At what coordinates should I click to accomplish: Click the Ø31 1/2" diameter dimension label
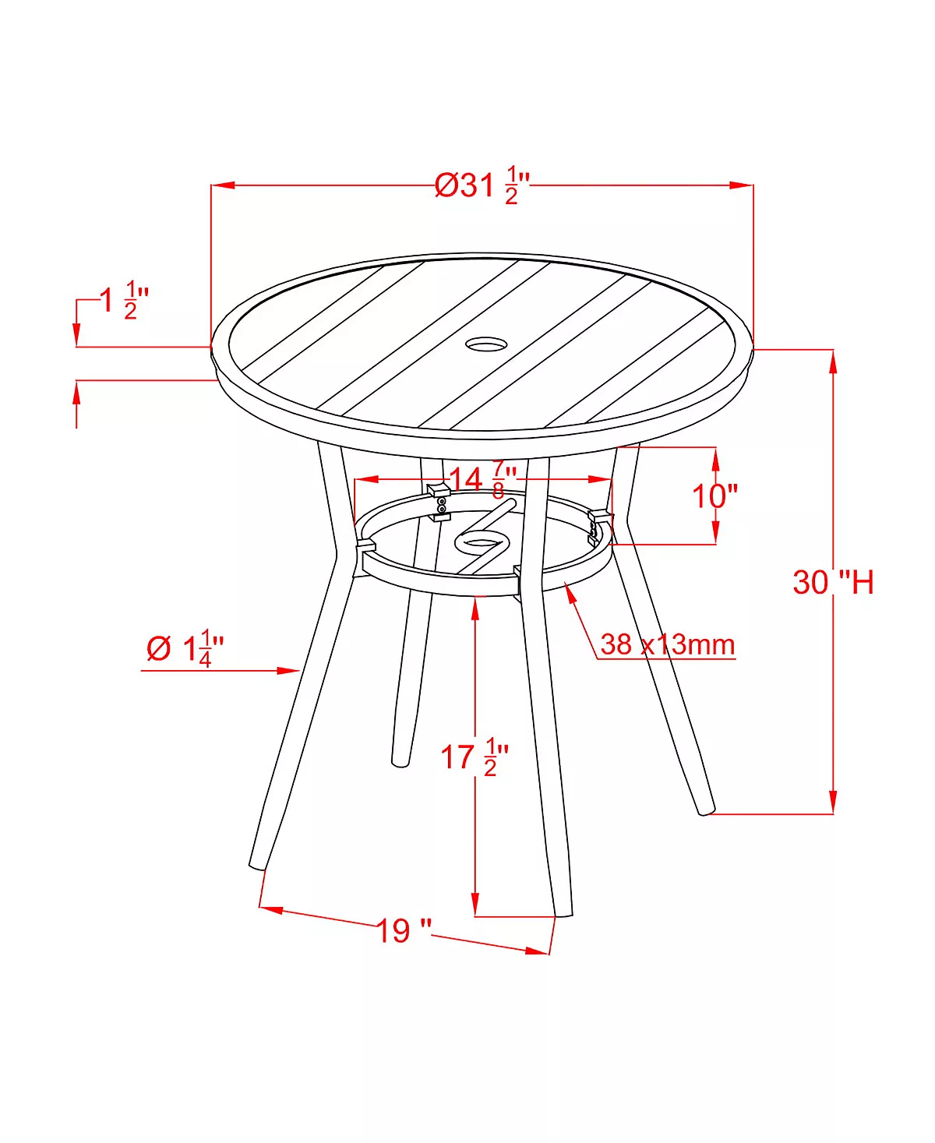pos(482,185)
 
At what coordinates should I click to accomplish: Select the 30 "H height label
pos(832,582)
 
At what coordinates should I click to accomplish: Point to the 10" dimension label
pos(714,496)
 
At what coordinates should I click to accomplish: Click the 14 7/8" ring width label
pos(482,479)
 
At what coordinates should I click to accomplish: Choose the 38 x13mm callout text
pos(667,644)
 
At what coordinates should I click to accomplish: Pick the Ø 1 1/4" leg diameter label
pos(185,648)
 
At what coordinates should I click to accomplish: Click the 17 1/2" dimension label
pos(474,757)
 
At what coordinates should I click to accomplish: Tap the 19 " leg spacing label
pos(404,930)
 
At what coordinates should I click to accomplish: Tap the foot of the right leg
pos(705,810)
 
